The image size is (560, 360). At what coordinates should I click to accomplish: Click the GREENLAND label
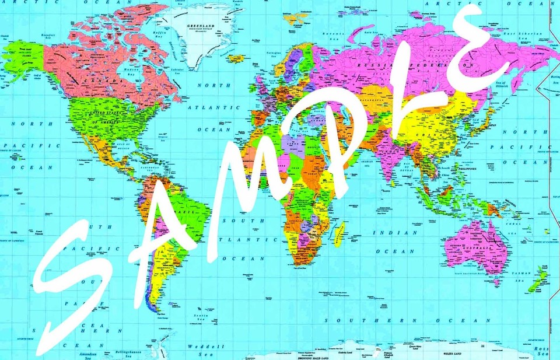point(200,26)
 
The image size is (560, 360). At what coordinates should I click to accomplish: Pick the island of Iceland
point(236,59)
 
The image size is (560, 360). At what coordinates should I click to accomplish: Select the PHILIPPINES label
point(467,169)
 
